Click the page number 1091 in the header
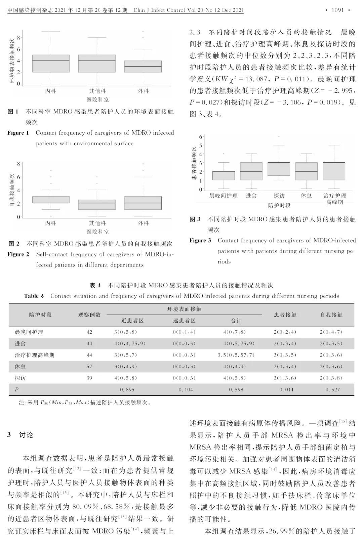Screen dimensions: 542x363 (337, 10)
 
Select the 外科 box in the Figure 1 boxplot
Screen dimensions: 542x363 (143, 66)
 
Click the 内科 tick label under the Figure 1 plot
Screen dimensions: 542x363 (50, 91)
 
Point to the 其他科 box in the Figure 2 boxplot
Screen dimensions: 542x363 (97, 205)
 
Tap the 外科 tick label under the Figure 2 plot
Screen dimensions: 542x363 (143, 223)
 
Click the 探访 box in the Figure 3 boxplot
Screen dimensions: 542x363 (279, 169)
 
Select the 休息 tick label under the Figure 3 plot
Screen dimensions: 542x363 (306, 196)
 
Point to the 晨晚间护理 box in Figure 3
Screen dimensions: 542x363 (224, 175)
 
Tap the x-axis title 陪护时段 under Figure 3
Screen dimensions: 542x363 (279, 205)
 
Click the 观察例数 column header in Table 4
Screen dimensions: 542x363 (89, 315)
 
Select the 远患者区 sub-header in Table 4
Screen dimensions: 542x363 (184, 321)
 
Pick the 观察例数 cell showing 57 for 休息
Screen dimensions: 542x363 (89, 367)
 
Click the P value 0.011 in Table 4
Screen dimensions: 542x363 (286, 390)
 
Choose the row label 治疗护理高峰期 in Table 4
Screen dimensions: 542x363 (34, 355)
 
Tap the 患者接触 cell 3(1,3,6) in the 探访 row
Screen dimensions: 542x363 (285, 378)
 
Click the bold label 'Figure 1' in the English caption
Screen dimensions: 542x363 (18, 133)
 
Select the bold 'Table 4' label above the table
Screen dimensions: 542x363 (34, 296)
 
